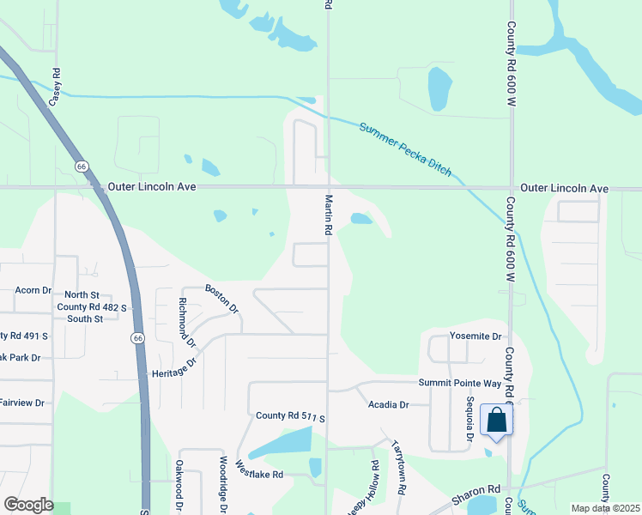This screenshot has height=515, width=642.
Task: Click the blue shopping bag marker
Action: [496, 421]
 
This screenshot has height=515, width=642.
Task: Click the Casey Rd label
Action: [56, 87]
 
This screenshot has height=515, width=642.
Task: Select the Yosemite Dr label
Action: [475, 336]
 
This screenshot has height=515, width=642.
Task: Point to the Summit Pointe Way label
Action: [459, 383]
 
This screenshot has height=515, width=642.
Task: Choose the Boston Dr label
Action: [221, 298]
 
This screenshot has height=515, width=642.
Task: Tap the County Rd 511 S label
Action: [291, 416]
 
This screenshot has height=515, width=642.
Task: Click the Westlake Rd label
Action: [260, 472]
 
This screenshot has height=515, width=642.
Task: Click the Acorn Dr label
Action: [33, 290]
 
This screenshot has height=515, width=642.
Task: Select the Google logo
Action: [28, 505]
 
